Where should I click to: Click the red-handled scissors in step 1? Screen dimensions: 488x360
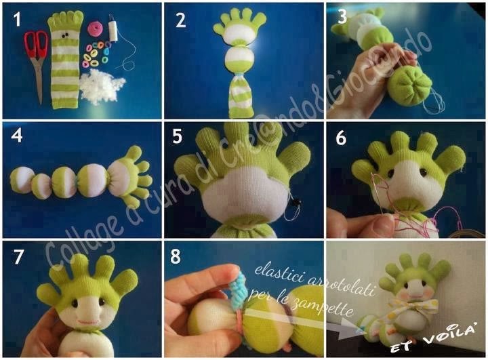[37, 56]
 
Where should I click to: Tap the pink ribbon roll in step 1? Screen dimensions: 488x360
[94, 28]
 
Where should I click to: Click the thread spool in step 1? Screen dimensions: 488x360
[113, 30]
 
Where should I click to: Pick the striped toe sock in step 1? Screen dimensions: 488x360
[65, 59]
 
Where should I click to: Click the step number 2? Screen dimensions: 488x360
[180, 20]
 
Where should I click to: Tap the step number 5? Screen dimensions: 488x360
[177, 136]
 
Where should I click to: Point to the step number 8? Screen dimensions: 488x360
[176, 257]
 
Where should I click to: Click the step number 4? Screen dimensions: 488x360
[17, 136]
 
